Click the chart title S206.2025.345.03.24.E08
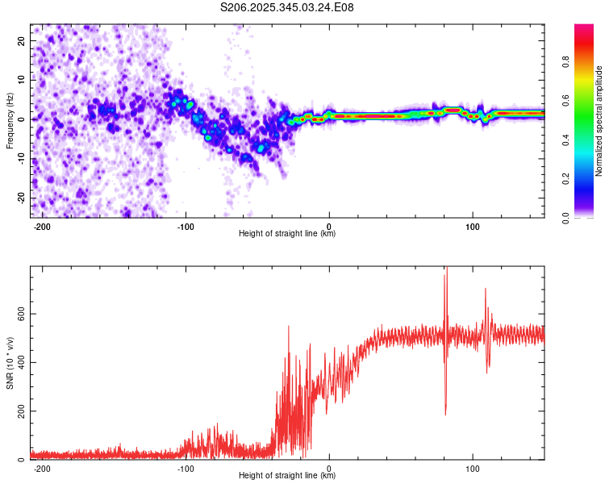click(287, 7)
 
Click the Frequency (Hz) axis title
click(10, 120)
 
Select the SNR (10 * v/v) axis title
click(10, 363)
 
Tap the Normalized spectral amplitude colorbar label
click(599, 121)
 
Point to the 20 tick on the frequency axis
click(21, 40)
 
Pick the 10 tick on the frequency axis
click(21, 80)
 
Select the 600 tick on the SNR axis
click(19, 314)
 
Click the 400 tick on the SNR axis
click(19, 362)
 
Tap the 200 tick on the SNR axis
click(19, 411)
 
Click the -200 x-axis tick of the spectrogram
click(43, 226)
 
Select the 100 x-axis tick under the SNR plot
click(472, 468)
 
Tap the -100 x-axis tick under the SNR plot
click(186, 468)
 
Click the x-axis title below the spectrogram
click(287, 234)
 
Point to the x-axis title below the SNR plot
click(287, 476)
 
